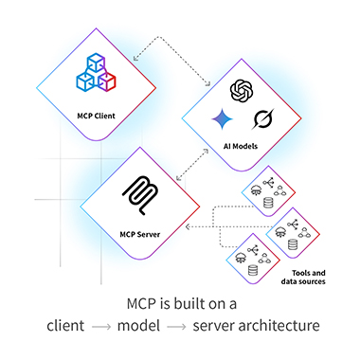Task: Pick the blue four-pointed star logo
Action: (223, 120)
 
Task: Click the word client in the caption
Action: (70, 327)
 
